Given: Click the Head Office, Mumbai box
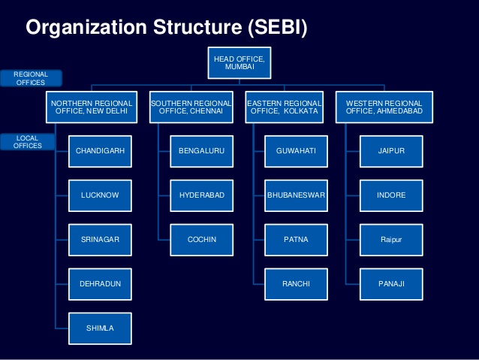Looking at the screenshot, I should (x=239, y=63).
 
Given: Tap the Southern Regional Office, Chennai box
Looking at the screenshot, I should (x=191, y=107).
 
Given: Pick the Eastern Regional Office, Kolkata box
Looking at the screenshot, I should (x=285, y=107).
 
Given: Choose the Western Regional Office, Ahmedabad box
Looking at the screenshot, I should (x=384, y=107).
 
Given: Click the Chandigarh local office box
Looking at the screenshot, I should (x=100, y=152).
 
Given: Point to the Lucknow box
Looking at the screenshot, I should (x=100, y=195).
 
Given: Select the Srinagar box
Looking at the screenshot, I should (x=100, y=240).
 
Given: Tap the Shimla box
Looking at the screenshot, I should (x=100, y=328).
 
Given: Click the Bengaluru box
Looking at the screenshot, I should (x=201, y=152).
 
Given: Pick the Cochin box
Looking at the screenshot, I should (x=201, y=240).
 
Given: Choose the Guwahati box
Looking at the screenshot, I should (x=296, y=152).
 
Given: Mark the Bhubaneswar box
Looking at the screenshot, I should (x=296, y=195).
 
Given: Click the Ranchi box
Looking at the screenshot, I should (x=296, y=283).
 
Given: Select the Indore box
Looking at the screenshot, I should (x=391, y=195).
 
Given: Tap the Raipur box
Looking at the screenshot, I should (x=391, y=240).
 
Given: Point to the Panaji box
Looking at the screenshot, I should (x=391, y=283).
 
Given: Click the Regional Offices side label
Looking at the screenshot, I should (x=30, y=78).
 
